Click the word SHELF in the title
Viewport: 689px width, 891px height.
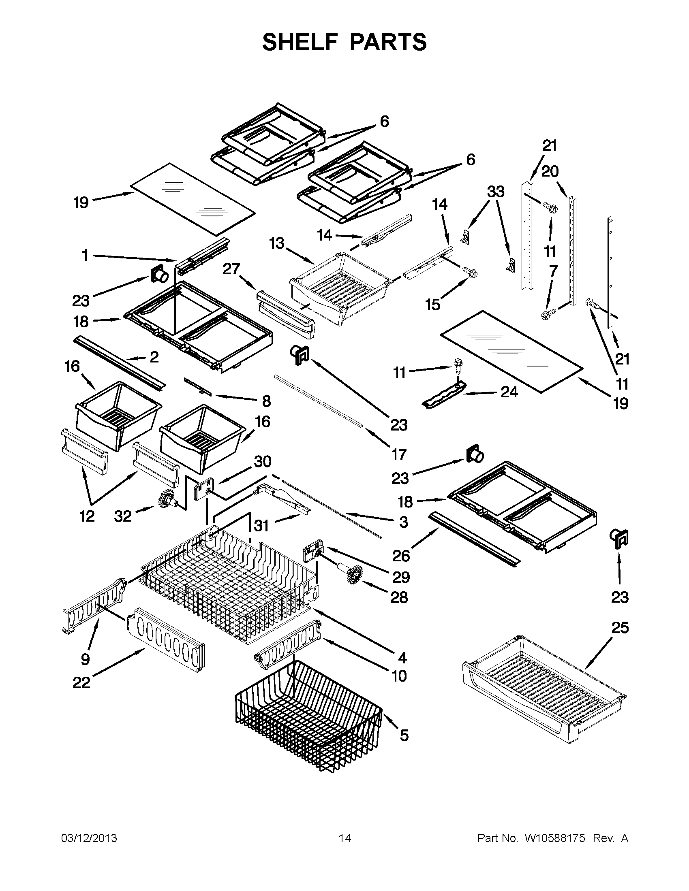point(300,42)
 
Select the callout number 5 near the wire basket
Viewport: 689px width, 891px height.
point(404,735)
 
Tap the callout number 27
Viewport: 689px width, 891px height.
point(231,269)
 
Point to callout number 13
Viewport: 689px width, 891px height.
point(277,243)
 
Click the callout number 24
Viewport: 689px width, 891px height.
point(509,392)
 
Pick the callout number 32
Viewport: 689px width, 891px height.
point(122,516)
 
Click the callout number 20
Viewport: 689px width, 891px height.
point(550,172)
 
